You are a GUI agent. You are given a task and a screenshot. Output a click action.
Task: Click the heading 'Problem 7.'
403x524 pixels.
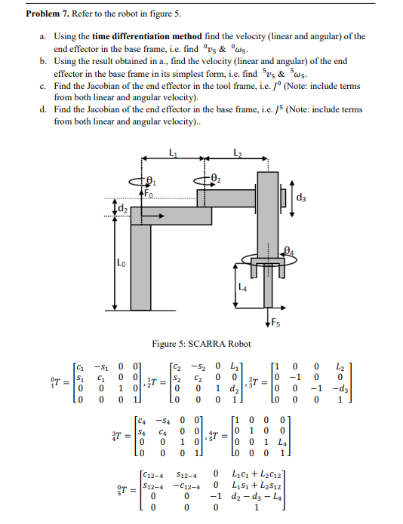pyautogui.click(x=48, y=14)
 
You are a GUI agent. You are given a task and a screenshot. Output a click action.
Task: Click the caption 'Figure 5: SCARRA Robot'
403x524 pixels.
pyautogui.click(x=201, y=344)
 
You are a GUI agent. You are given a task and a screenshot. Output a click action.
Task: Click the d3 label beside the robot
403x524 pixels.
pyautogui.click(x=303, y=198)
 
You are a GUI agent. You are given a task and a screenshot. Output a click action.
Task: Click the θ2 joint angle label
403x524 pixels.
pyautogui.click(x=218, y=179)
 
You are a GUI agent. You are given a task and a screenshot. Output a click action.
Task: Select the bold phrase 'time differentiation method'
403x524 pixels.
pyautogui.click(x=139, y=36)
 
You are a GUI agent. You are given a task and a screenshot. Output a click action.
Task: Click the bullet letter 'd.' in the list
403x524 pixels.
pyautogui.click(x=44, y=109)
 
